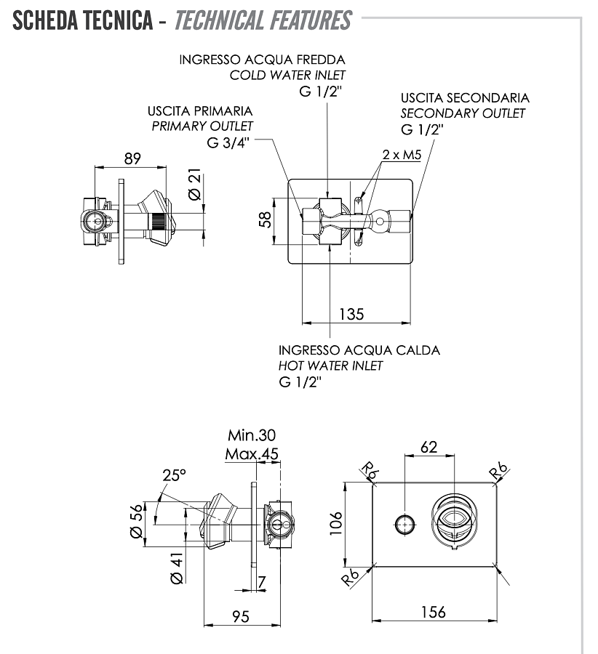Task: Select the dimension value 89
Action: (x=132, y=158)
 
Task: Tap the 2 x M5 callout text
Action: (x=402, y=155)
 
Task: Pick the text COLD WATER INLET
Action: (x=287, y=75)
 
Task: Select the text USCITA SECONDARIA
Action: (x=465, y=97)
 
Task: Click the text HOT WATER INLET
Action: (x=330, y=366)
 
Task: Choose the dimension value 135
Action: (x=351, y=314)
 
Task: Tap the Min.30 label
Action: (x=252, y=435)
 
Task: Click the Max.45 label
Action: (x=252, y=454)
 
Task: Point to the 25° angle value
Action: (x=174, y=475)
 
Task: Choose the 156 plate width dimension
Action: (x=433, y=612)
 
